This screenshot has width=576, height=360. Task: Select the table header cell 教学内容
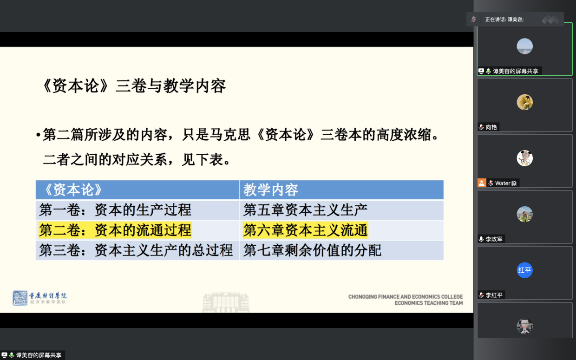click(341, 190)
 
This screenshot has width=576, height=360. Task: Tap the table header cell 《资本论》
click(137, 190)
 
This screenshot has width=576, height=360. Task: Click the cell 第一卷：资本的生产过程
click(137, 210)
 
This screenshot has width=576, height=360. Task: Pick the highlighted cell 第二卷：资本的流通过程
click(115, 229)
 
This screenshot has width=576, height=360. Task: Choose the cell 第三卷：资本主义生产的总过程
click(137, 250)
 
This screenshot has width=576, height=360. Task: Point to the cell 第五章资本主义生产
click(341, 210)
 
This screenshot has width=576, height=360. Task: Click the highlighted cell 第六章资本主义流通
click(306, 229)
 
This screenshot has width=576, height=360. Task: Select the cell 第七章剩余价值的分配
click(341, 250)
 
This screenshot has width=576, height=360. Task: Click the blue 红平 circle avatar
click(524, 270)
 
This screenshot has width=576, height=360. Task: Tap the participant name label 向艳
click(491, 127)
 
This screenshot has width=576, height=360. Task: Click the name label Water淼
click(506, 183)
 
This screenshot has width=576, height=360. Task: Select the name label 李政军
click(494, 239)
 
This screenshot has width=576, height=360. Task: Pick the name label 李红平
click(494, 295)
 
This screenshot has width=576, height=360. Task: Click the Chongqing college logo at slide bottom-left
click(39, 298)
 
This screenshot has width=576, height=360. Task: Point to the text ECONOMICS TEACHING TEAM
click(429, 303)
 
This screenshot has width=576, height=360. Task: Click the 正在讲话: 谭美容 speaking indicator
click(504, 20)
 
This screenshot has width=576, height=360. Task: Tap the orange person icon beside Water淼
click(482, 183)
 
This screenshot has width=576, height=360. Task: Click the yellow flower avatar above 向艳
click(524, 102)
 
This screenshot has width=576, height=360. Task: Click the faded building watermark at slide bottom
click(226, 302)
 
